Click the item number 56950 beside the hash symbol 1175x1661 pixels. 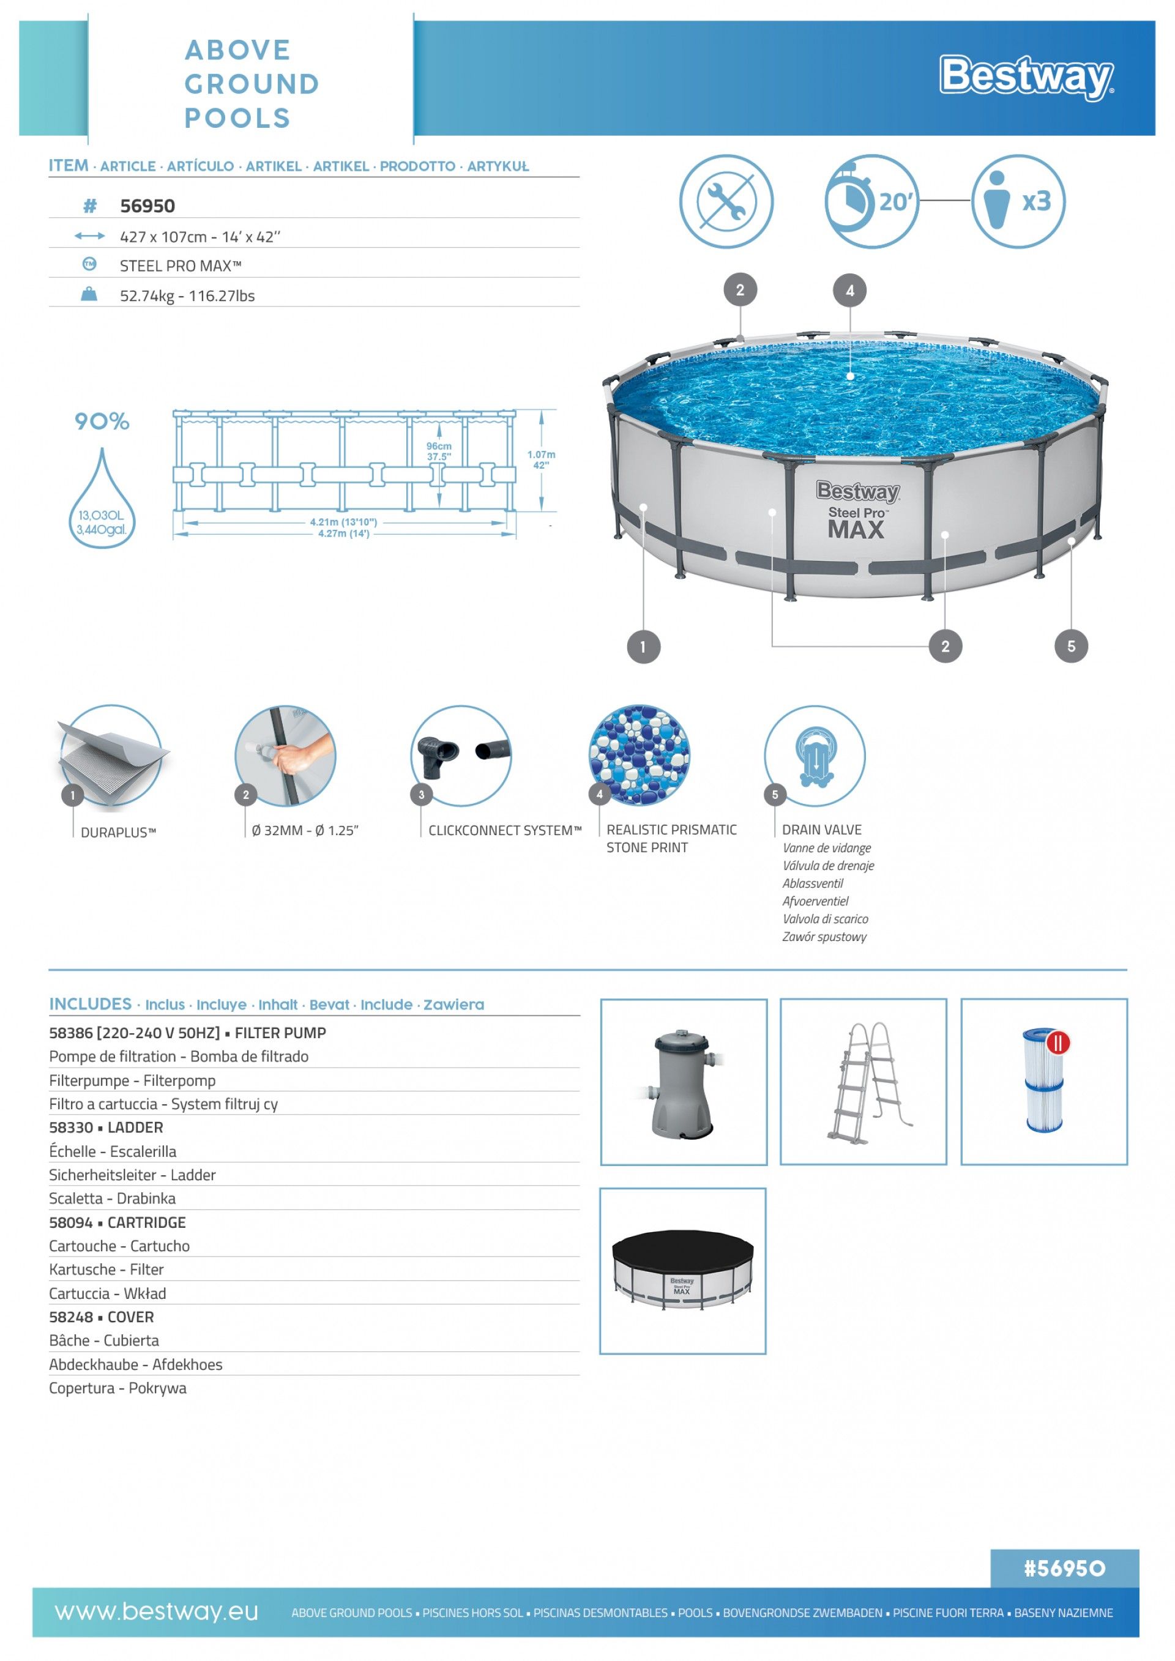point(147,206)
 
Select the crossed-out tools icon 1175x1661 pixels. point(726,201)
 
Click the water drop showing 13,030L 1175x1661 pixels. point(102,507)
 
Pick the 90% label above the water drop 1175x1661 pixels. point(102,421)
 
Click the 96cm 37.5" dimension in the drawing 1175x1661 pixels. point(438,451)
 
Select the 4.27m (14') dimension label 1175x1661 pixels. point(344,534)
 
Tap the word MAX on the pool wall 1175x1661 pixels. point(856,530)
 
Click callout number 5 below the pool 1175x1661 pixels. point(1071,646)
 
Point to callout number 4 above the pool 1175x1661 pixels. point(850,291)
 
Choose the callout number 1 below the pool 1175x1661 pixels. point(643,647)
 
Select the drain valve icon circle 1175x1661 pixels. point(815,756)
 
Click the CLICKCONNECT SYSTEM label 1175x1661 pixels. point(504,831)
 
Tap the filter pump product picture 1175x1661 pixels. point(683,1082)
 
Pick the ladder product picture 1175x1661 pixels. point(863,1082)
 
